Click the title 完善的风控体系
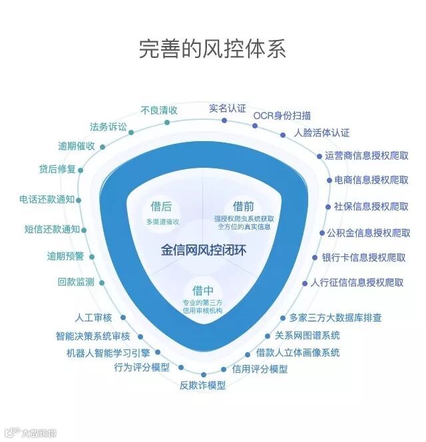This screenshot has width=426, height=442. click(x=212, y=49)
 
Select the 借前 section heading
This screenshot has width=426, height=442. click(x=243, y=206)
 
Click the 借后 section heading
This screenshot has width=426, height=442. click(x=161, y=206)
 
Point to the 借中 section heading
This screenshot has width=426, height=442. click(x=202, y=291)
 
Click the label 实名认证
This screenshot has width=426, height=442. click(x=227, y=108)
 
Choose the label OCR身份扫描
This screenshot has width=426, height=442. click(x=282, y=115)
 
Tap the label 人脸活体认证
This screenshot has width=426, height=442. click(x=321, y=132)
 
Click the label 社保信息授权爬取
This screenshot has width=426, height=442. click(x=371, y=205)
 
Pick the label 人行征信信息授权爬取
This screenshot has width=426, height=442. click(x=357, y=282)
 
